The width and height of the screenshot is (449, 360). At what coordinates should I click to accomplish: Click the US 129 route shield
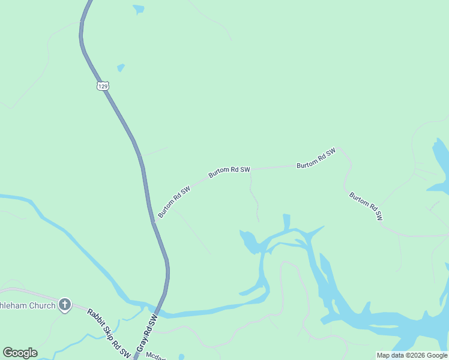coord(103,86)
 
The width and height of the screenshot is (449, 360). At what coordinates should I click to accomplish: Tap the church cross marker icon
coord(65,305)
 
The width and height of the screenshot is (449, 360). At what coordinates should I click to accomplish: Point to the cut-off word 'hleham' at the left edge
coord(11,305)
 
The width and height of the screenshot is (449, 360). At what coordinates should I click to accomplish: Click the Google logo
coord(20,353)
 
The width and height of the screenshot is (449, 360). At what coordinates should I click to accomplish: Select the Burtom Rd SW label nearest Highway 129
coord(174,202)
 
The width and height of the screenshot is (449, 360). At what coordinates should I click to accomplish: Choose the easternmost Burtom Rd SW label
coord(366,206)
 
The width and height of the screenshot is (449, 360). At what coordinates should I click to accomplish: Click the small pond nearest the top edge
coord(139,9)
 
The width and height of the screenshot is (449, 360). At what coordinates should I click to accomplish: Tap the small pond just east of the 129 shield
coord(121,68)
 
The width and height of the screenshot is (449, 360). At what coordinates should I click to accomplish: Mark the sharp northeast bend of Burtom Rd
coord(338,148)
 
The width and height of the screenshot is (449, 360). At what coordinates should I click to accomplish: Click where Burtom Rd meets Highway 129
coord(154,221)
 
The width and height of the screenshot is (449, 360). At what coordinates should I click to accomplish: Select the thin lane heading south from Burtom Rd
coord(255,201)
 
